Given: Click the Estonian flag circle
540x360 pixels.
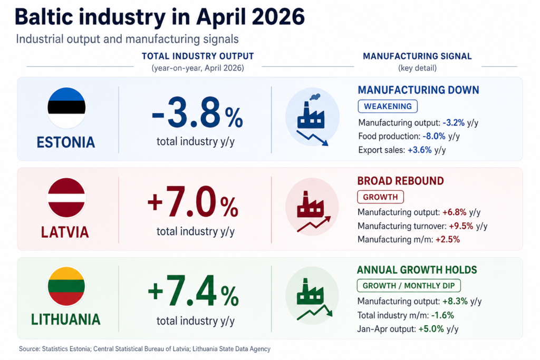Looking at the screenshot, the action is [x=66, y=108].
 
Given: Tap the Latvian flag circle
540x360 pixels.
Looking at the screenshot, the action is [x=66, y=198].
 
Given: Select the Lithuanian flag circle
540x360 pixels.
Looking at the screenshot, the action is [x=66, y=286].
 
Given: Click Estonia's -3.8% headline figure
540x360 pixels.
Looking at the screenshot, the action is [x=197, y=113].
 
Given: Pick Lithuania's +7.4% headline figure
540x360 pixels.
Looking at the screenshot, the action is [x=193, y=291].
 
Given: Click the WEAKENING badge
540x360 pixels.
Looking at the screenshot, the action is [x=388, y=106].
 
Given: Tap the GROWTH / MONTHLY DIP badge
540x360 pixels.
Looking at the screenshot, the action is [x=409, y=286].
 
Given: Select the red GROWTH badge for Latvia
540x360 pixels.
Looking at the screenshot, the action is [x=381, y=197].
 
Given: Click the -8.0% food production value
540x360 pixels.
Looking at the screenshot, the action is [x=434, y=137].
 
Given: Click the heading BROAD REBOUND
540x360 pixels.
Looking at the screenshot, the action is [x=401, y=181].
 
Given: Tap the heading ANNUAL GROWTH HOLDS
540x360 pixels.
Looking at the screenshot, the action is [x=417, y=270].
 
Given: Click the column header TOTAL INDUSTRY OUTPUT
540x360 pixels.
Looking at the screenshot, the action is [x=198, y=56].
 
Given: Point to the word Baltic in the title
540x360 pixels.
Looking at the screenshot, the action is [x=44, y=16].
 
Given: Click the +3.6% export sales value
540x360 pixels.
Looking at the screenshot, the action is [x=419, y=150].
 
